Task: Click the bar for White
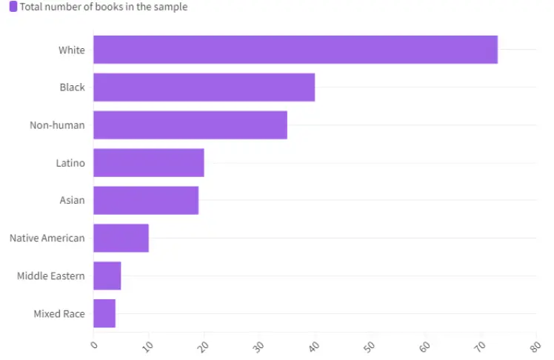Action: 295,50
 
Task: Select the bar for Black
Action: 204,87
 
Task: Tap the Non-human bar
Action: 190,125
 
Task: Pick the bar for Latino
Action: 148,163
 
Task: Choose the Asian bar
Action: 146,200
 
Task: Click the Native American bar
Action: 121,238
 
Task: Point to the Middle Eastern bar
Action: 107,276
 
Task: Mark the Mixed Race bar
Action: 104,313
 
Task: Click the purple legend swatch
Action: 13,7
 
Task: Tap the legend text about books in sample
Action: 104,7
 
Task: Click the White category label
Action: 72,50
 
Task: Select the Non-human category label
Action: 57,125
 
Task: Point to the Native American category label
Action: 47,238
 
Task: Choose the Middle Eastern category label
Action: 51,276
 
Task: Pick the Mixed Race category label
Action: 59,313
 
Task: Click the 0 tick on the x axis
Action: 93,344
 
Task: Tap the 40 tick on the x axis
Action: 314,345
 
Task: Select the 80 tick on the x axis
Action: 535,345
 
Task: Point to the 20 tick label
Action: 204,345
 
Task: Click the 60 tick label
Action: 424,345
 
